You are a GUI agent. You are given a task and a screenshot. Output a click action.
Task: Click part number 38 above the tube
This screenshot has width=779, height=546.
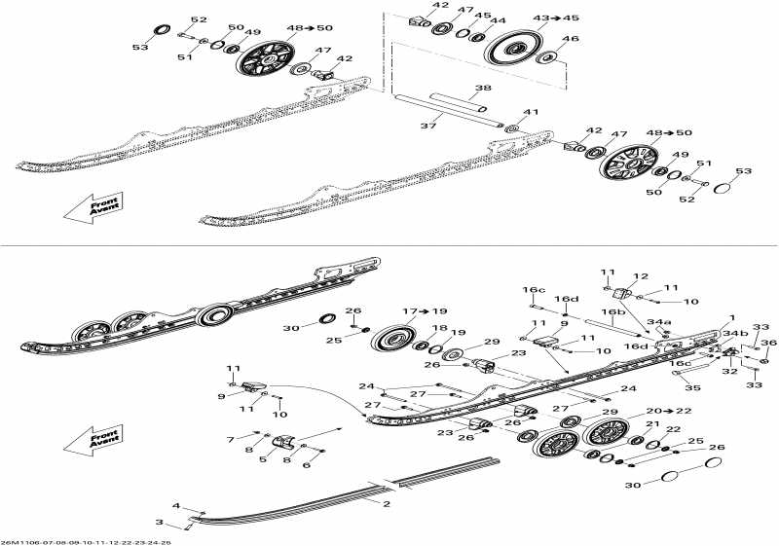coord(482,88)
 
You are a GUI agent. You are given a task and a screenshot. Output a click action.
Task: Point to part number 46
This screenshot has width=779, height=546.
coord(571,39)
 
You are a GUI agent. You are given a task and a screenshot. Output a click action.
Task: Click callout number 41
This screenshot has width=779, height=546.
coord(531,113)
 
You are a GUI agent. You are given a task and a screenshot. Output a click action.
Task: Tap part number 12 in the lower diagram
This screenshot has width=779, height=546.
coord(641,276)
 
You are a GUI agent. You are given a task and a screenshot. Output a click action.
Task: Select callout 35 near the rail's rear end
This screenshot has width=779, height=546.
coord(692,388)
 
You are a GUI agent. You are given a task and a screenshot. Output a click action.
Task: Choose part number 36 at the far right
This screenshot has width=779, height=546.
coord(769,342)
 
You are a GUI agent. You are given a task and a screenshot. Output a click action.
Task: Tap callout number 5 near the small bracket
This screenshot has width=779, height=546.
coord(263,459)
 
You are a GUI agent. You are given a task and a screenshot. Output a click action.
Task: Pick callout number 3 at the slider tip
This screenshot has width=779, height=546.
coord(159,523)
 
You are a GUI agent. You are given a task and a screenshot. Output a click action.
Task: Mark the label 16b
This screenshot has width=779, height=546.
coord(612,312)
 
